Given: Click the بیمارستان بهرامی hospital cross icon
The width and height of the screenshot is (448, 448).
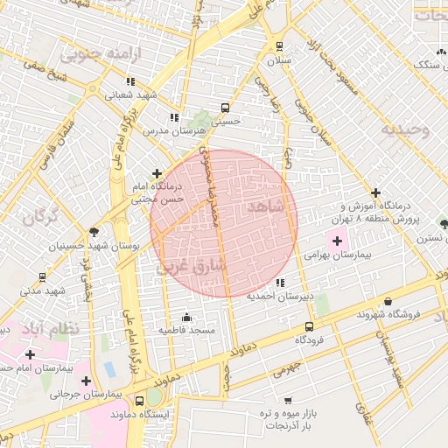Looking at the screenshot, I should coord(338,240).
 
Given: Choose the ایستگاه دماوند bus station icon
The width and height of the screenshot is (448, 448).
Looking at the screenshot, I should coord(140,401).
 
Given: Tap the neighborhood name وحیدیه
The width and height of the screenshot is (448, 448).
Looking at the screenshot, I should coord(404,130).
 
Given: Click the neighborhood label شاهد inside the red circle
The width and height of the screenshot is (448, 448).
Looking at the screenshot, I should coord(266,206).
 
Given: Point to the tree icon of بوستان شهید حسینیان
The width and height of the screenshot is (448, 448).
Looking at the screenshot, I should coord(94,231).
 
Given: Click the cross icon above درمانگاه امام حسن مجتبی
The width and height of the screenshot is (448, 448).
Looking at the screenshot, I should coord(157,173).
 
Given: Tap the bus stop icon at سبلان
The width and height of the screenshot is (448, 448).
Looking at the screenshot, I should coord(279,46).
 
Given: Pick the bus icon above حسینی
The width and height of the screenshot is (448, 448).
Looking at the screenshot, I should coord(226,108).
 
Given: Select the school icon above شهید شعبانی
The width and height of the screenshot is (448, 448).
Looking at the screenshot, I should coord(130,81).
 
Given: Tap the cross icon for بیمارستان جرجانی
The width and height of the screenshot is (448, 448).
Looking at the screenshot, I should coord(86,381).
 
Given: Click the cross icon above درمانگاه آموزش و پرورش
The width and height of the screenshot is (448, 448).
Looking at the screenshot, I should coord(376,192).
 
